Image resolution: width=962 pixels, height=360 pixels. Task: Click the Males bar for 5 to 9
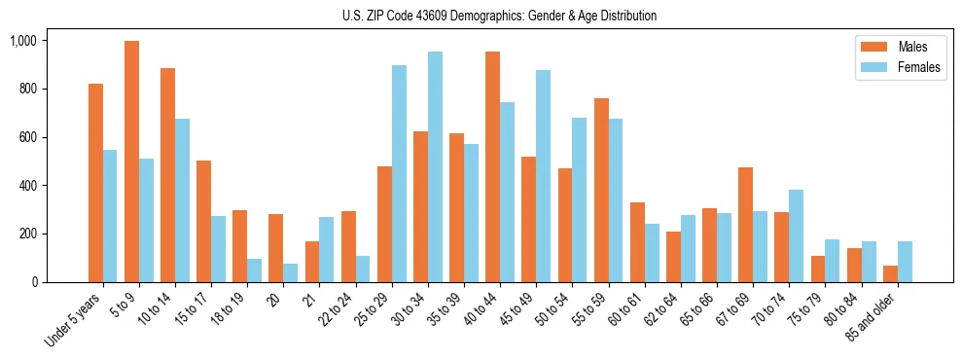(x=131, y=162)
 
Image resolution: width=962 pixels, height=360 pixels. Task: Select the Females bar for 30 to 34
(x=435, y=166)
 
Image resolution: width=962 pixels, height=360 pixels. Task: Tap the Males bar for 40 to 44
(x=492, y=166)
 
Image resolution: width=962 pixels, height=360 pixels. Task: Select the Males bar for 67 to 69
(x=745, y=225)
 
